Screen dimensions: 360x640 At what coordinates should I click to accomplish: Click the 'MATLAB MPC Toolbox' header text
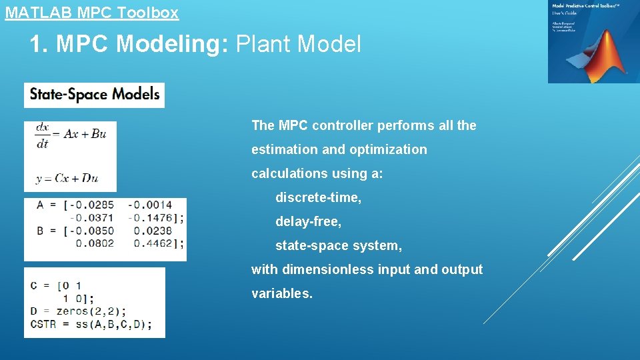point(92,12)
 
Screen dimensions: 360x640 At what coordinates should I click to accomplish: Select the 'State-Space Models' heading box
point(94,94)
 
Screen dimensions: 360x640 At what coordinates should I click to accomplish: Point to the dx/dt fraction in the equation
point(43,134)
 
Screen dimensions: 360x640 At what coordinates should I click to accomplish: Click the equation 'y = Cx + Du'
point(67,178)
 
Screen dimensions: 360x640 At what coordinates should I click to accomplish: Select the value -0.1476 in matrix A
point(152,217)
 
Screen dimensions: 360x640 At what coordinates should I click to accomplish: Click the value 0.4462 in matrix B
point(153,243)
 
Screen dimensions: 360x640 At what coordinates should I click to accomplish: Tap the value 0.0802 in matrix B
point(95,243)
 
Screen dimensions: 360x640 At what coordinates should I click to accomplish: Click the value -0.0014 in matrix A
point(150,205)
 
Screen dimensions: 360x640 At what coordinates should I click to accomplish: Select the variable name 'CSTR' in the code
point(44,324)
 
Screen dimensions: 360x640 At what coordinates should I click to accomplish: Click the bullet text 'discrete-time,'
point(319,197)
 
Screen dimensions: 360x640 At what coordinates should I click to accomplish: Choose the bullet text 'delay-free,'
point(308,221)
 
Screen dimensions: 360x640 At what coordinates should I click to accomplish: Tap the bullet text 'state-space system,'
point(339,245)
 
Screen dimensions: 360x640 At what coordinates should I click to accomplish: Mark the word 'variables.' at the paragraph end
point(282,293)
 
